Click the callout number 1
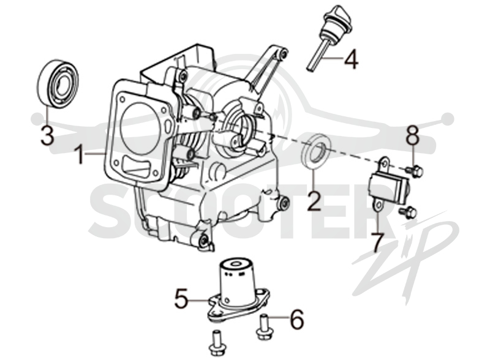click(80, 156)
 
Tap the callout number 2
click(314, 201)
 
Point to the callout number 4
click(351, 59)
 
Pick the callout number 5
click(181, 298)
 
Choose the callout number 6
click(297, 319)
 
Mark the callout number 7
click(377, 243)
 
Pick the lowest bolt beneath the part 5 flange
click(216, 343)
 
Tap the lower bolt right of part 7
click(408, 212)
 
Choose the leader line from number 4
click(332, 58)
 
